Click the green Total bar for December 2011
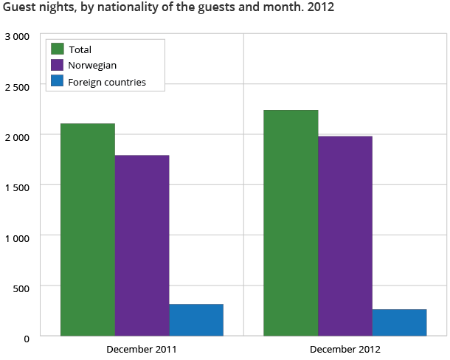click(88, 229)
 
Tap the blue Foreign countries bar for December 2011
click(196, 320)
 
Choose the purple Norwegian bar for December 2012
click(345, 236)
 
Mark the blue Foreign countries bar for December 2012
click(399, 322)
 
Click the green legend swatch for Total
click(57, 49)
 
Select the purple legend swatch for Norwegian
click(57, 66)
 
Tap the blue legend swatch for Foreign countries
click(57, 82)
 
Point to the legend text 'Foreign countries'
click(107, 82)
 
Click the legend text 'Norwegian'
click(92, 66)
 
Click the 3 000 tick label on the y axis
click(16, 36)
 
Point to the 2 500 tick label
click(16, 86)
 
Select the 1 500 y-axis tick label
click(16, 187)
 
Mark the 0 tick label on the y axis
click(26, 338)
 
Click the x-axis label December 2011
click(142, 347)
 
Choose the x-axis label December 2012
click(345, 347)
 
